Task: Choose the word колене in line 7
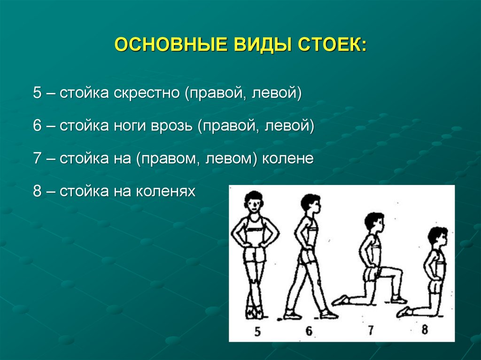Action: click(288, 159)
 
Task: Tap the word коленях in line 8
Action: click(166, 192)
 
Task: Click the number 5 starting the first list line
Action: click(38, 92)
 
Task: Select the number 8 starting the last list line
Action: click(38, 192)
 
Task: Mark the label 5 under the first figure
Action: click(257, 331)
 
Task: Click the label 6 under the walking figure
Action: click(309, 331)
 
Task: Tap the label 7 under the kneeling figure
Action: click(371, 330)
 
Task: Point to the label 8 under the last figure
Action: click(425, 329)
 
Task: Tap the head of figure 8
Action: click(437, 237)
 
